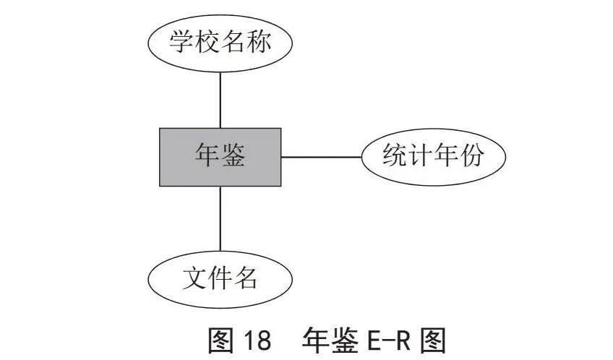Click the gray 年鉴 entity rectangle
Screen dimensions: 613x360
(x=220, y=157)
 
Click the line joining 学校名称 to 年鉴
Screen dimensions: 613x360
(x=220, y=100)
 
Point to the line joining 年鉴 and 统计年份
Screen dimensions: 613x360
(x=322, y=157)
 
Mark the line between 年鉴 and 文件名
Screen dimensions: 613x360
(x=220, y=218)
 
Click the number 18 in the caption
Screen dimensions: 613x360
(x=257, y=340)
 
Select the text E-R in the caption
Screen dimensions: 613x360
(x=389, y=340)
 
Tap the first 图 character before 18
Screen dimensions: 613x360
(x=221, y=340)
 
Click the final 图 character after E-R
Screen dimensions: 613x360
(x=433, y=340)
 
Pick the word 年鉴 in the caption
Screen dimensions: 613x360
(x=330, y=340)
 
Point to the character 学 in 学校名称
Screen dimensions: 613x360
(x=181, y=41)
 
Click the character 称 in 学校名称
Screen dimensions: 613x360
(x=258, y=41)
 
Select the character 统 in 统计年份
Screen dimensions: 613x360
(x=395, y=155)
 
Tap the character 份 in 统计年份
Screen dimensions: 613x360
(x=471, y=155)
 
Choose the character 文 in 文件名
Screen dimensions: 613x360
(x=194, y=278)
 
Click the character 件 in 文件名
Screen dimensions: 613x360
(x=219, y=278)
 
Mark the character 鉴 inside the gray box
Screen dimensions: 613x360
(x=233, y=155)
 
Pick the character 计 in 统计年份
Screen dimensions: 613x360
(x=420, y=155)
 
